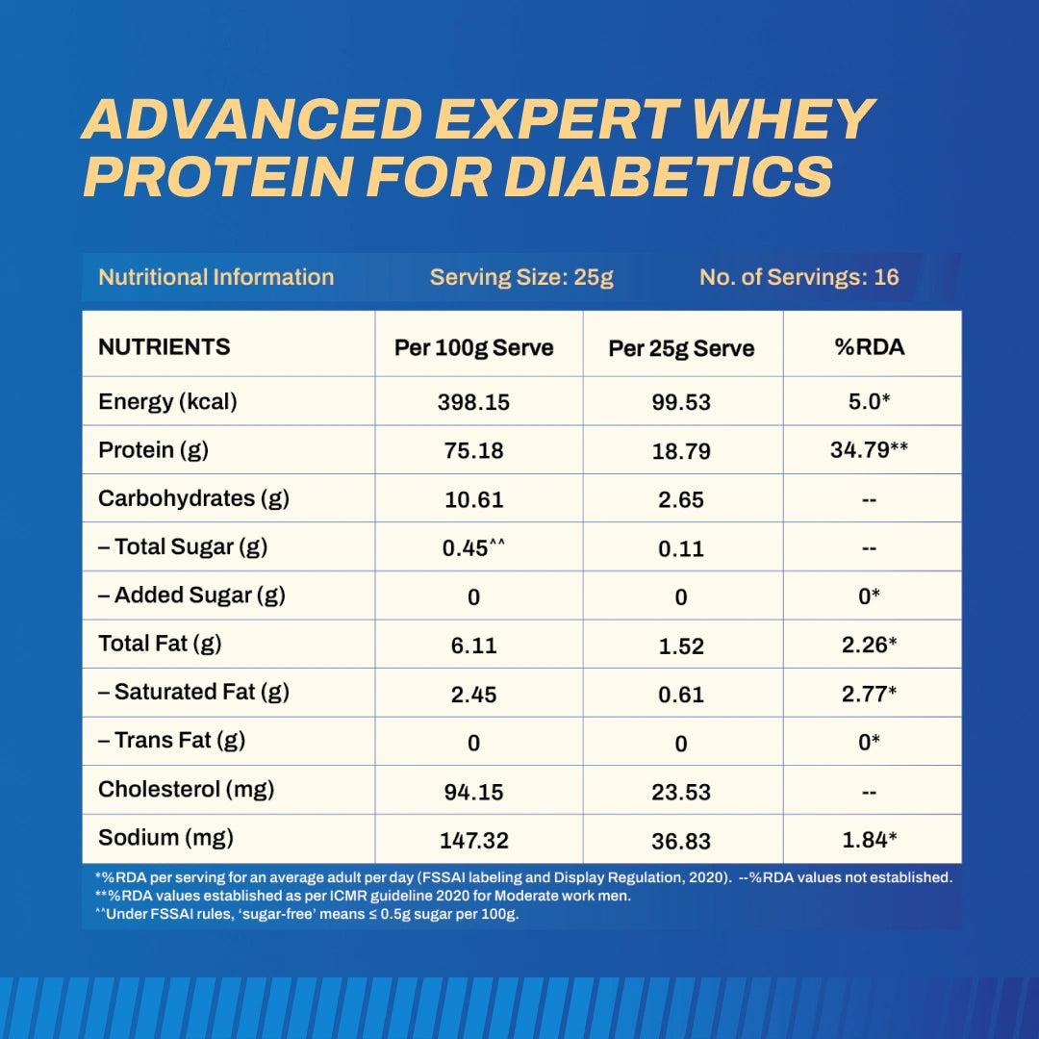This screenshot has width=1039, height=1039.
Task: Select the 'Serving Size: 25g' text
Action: click(521, 278)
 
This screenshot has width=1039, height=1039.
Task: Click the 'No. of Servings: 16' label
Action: click(798, 278)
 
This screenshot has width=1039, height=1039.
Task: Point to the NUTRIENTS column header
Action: click(165, 346)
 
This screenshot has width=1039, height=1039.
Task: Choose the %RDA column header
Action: click(870, 347)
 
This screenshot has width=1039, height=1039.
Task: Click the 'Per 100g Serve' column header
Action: click(474, 347)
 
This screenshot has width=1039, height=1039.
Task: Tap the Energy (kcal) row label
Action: click(167, 401)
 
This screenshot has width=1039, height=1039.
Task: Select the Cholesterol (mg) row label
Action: click(186, 790)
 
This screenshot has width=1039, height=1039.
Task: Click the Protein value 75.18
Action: click(474, 451)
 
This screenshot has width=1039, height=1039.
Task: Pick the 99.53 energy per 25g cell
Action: click(681, 403)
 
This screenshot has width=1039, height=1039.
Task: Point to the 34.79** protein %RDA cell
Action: click(870, 449)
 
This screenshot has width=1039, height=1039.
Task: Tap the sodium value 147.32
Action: click(474, 841)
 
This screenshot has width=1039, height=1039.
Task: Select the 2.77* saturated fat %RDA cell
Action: click(870, 694)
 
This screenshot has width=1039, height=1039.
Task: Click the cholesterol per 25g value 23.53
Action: click(681, 792)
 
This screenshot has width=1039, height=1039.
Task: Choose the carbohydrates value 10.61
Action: click(474, 500)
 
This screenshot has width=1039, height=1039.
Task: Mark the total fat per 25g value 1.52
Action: click(681, 646)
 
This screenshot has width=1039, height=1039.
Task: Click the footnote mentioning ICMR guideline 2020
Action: click(363, 896)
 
